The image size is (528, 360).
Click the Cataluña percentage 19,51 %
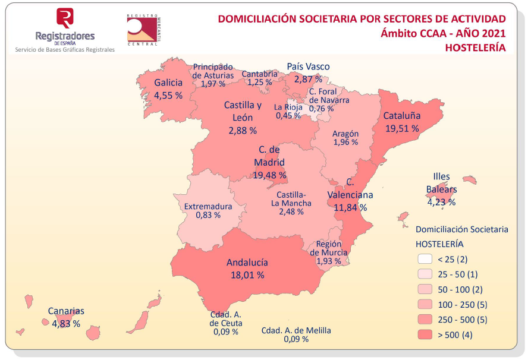401,128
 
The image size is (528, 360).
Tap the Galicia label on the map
168,83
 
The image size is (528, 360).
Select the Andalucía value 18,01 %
247,275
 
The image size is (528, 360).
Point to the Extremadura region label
208,207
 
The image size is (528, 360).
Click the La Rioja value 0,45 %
288,115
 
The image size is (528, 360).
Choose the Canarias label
66,311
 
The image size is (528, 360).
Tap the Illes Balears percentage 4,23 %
441,201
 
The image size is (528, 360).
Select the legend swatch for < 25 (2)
425,259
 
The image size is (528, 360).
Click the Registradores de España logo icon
65,17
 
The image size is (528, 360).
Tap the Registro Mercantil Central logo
144,30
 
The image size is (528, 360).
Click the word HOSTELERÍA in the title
476,48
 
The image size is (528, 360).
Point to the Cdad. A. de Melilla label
296,331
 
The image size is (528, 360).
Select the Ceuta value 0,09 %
226,331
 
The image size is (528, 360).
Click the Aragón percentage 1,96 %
345,143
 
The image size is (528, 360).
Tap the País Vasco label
308,67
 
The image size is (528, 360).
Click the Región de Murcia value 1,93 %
329,261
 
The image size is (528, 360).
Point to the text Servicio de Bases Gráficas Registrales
65,50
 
